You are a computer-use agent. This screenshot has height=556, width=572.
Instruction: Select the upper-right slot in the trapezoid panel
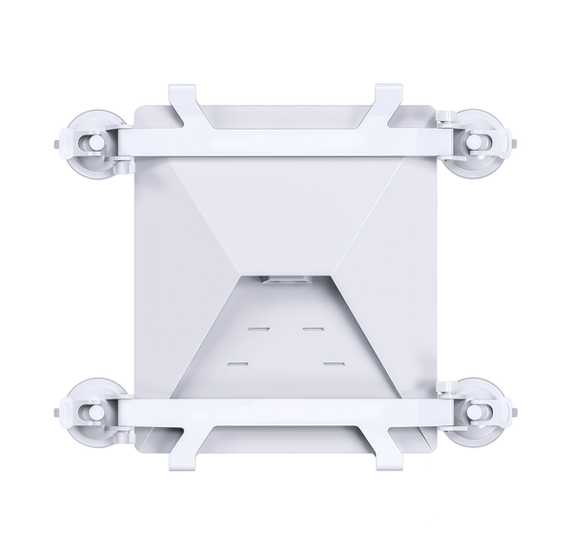(314, 329)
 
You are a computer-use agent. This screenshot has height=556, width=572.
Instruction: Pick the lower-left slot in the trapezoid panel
(238, 363)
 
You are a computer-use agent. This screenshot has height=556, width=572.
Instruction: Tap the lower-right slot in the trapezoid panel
(333, 363)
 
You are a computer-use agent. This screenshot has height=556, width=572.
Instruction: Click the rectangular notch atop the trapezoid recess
(285, 280)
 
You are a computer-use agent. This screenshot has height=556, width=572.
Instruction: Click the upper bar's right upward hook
(388, 100)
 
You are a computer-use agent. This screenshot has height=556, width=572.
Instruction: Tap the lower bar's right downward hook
(388, 455)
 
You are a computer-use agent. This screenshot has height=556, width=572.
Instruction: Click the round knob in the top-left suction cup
(95, 142)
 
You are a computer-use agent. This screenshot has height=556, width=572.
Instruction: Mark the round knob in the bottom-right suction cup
(475, 412)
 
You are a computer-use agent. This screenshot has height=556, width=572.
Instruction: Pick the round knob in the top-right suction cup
(475, 143)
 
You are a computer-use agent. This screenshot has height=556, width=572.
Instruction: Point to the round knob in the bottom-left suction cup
(95, 412)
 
